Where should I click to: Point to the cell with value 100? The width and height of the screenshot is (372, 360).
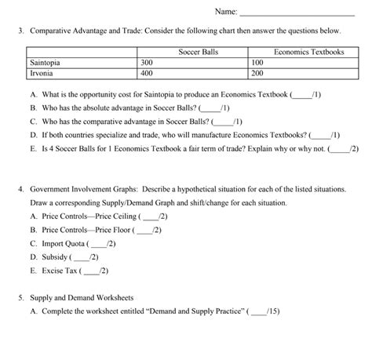257,61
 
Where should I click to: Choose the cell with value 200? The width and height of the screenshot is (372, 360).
257,72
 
